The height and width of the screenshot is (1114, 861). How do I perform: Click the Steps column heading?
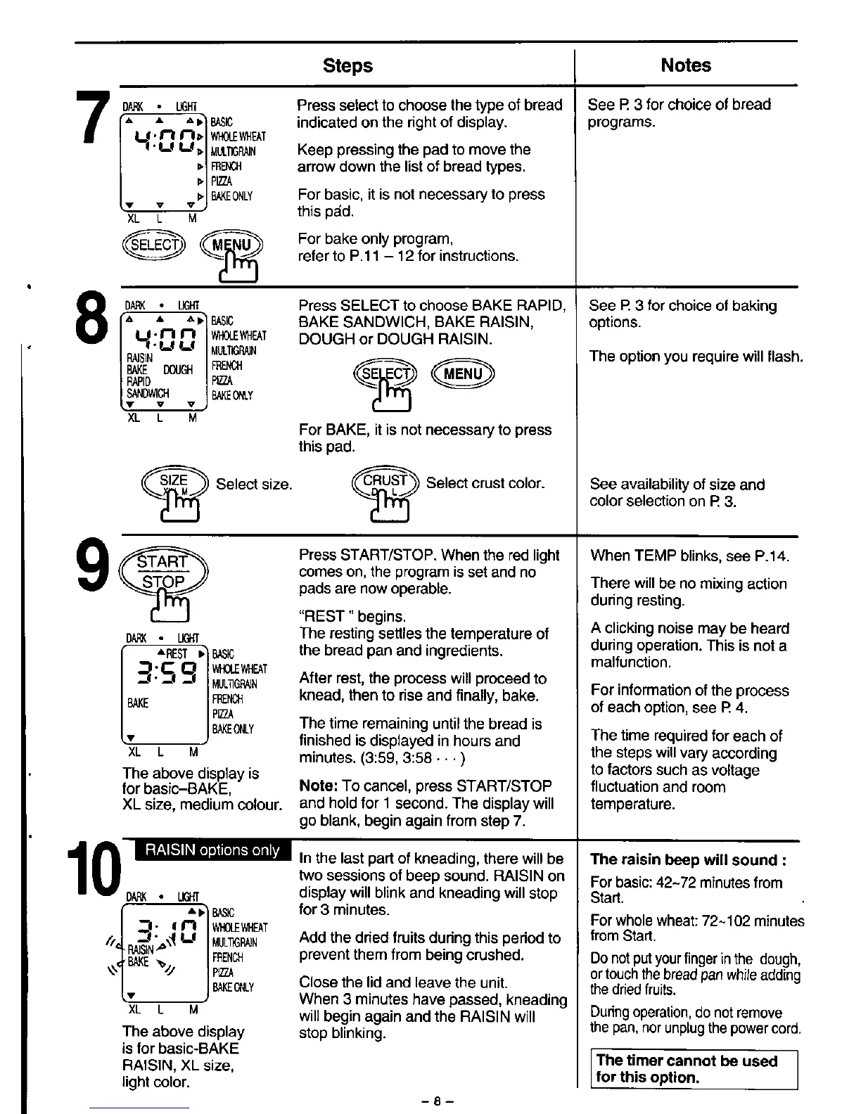pos(347,65)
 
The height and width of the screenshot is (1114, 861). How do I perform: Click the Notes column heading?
pos(685,65)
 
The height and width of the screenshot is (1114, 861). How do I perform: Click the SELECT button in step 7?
pos(153,245)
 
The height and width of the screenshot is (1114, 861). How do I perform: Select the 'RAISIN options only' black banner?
pos(212,850)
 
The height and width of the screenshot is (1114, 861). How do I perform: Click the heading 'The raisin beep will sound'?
pos(688,859)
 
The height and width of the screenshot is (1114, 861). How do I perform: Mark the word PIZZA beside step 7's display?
pos(222,181)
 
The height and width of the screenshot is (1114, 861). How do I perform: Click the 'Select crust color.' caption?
pos(485,483)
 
